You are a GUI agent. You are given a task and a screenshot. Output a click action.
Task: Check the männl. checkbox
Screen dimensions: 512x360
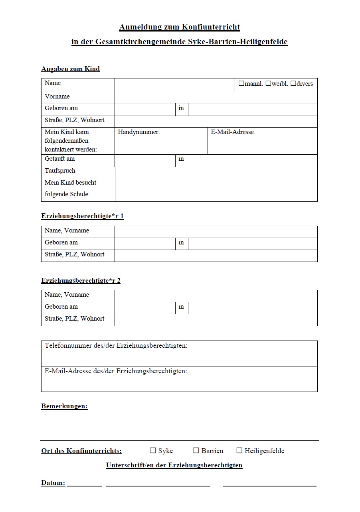click(241, 84)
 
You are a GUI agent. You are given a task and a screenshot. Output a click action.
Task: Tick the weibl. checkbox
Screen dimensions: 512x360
click(268, 84)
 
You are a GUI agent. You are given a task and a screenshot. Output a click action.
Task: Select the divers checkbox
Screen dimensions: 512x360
click(293, 84)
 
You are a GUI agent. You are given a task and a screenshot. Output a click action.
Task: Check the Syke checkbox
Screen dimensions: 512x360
click(153, 451)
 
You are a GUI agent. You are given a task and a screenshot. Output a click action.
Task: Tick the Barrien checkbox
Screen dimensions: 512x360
click(196, 451)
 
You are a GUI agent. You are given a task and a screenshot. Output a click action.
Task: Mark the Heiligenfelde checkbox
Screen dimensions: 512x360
click(239, 451)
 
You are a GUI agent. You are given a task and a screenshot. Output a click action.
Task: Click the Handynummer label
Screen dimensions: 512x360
click(139, 132)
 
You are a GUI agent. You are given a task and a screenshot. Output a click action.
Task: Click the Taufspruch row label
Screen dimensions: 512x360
click(60, 171)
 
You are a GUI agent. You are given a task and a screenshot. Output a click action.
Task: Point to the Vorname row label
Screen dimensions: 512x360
click(57, 96)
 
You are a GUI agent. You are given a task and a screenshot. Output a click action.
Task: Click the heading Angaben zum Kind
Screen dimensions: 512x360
click(70, 69)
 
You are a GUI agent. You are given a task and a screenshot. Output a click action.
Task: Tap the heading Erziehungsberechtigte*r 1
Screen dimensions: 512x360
click(82, 216)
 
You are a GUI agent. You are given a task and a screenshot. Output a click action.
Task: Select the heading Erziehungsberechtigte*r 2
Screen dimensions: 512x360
click(81, 280)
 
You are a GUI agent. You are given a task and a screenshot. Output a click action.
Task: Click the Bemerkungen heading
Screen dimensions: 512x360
click(64, 406)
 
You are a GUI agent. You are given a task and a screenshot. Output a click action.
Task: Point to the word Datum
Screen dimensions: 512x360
click(53, 483)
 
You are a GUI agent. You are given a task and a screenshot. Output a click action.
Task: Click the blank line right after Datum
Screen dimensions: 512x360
click(85, 484)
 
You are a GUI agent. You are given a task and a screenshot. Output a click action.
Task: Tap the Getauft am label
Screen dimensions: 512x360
click(59, 159)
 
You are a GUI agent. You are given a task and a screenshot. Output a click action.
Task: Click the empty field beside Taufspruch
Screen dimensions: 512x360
click(216, 172)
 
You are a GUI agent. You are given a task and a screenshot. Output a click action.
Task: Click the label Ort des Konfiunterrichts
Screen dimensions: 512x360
click(81, 451)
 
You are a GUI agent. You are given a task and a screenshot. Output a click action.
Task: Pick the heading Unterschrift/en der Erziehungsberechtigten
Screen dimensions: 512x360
click(174, 465)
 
